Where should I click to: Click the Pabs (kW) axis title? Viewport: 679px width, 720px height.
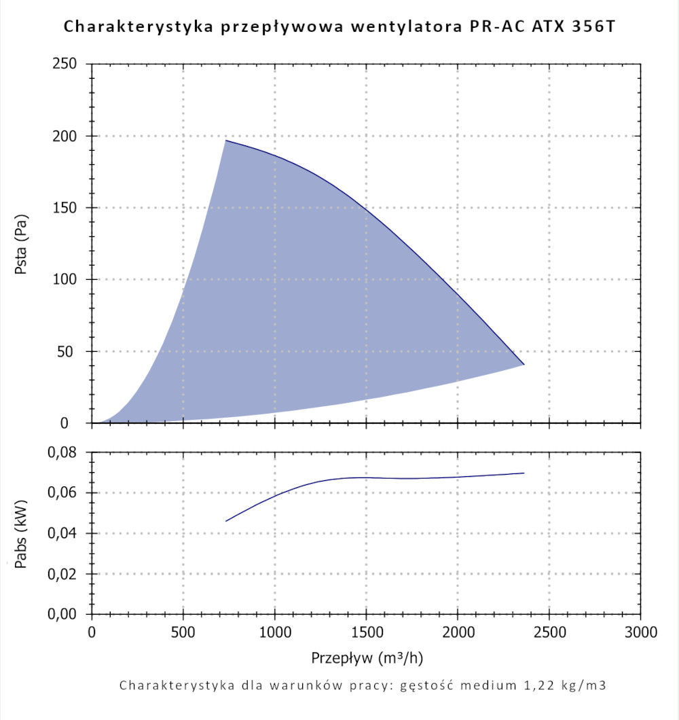(21, 533)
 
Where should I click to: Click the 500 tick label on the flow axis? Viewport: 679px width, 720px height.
(183, 633)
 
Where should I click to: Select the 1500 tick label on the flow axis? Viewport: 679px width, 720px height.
(366, 633)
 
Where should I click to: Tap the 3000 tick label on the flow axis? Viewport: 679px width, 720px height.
(640, 633)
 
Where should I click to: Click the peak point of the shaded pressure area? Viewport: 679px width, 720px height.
(225, 141)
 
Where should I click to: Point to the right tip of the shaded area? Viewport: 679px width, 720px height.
(524, 365)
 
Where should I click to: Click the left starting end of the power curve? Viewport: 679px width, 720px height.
(226, 521)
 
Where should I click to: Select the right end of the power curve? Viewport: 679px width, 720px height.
(524, 473)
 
